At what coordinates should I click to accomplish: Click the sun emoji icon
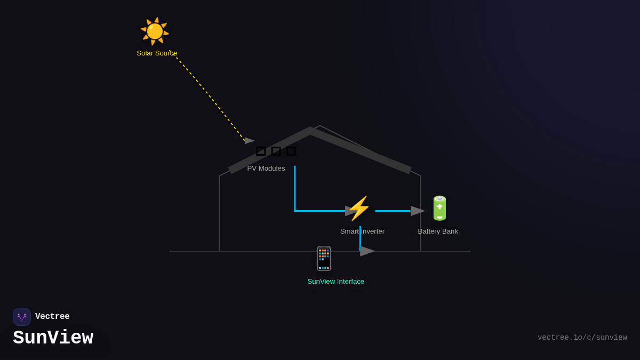pyautogui.click(x=155, y=31)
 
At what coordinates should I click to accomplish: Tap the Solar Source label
pyautogui.click(x=157, y=53)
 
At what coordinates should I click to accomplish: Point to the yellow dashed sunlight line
pyautogui.click(x=208, y=97)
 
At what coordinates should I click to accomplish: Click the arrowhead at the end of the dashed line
pyautogui.click(x=249, y=141)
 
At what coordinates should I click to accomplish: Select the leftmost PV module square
pyautogui.click(x=261, y=151)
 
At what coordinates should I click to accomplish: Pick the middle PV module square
pyautogui.click(x=276, y=151)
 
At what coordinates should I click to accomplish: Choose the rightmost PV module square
pyautogui.click(x=291, y=151)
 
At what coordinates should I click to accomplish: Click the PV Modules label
pyautogui.click(x=266, y=169)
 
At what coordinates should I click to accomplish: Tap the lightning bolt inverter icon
pyautogui.click(x=359, y=209)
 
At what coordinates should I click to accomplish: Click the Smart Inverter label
pyautogui.click(x=362, y=231)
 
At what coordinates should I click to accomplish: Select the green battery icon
pyautogui.click(x=439, y=208)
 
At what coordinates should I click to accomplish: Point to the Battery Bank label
pyautogui.click(x=438, y=231)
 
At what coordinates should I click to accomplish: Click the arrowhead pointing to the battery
pyautogui.click(x=417, y=211)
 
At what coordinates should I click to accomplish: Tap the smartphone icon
pyautogui.click(x=324, y=259)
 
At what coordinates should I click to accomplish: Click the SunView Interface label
pyautogui.click(x=335, y=282)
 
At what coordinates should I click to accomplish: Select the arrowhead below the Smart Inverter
pyautogui.click(x=366, y=251)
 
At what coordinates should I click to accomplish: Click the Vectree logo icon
pyautogui.click(x=22, y=317)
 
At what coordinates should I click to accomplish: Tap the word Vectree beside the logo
pyautogui.click(x=52, y=317)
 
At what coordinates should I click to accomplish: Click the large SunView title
pyautogui.click(x=53, y=338)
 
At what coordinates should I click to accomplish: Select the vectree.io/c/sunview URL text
pyautogui.click(x=582, y=338)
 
